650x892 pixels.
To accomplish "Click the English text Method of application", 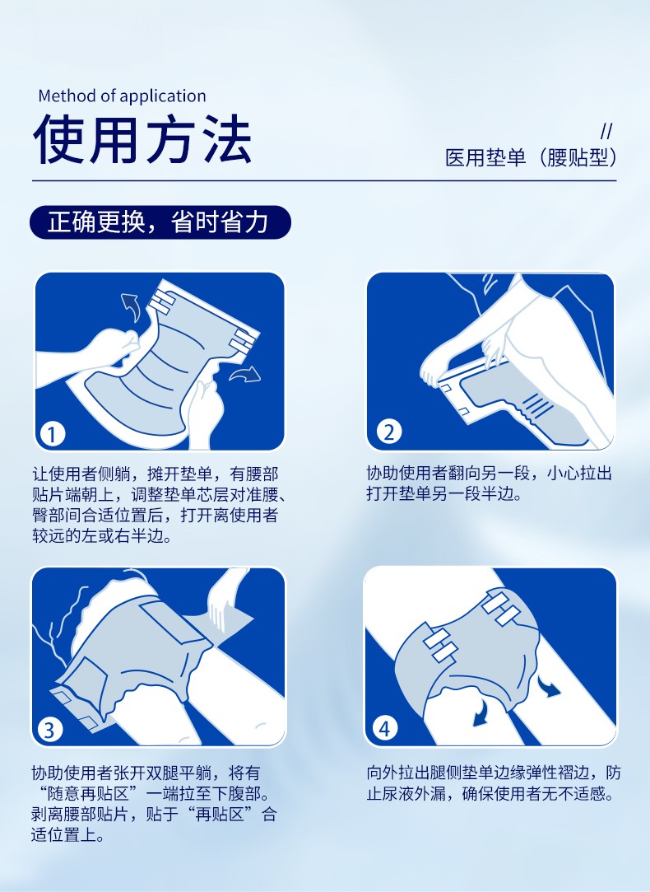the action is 122,96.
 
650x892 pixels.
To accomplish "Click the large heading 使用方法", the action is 142,140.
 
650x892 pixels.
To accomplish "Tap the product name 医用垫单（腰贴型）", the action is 531,157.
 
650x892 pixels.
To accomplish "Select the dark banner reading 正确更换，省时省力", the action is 160,222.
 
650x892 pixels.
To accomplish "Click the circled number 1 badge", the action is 53,435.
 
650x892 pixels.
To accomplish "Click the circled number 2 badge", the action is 388,432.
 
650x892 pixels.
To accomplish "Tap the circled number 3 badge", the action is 49,730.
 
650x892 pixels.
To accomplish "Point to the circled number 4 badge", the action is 385,729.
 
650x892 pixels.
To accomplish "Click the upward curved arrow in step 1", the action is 132,307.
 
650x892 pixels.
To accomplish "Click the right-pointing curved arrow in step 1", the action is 245,374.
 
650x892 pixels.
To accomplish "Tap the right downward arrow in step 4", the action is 549,687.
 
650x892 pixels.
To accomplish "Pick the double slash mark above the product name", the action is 606,132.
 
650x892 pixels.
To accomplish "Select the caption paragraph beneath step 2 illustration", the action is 490,483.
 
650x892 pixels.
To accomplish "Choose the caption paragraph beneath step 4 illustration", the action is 494,783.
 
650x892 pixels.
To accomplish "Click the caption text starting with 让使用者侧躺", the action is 159,505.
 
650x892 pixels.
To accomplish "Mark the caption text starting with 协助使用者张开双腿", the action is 154,805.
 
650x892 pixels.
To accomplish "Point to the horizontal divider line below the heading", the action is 324,181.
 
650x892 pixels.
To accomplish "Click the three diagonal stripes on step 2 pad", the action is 537,406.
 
